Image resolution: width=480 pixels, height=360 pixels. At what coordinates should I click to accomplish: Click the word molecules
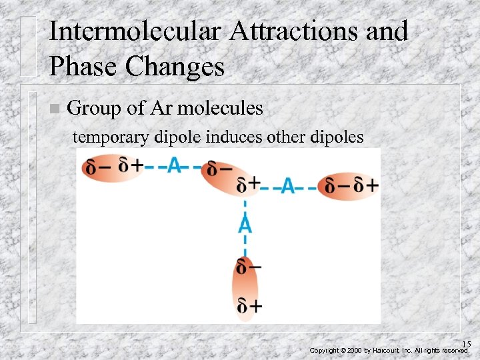(222, 108)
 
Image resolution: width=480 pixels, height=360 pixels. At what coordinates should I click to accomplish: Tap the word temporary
(113, 137)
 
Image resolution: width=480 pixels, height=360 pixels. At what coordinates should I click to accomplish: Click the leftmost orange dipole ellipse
(112, 166)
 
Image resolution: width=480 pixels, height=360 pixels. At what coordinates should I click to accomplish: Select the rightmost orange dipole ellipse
(349, 186)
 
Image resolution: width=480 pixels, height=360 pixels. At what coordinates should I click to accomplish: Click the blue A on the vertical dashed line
(245, 224)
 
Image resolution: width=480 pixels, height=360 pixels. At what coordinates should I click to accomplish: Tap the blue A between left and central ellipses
(175, 165)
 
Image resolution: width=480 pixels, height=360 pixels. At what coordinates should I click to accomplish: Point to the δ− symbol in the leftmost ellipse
(96, 167)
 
